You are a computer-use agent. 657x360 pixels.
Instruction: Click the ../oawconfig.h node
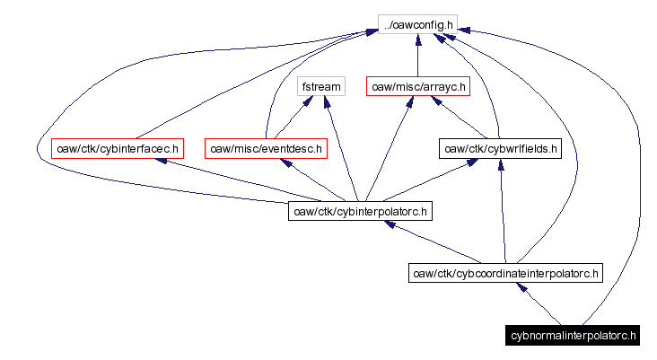(x=418, y=25)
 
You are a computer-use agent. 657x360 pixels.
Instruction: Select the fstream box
(x=320, y=87)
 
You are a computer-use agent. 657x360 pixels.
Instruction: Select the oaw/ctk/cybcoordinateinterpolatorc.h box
(x=505, y=273)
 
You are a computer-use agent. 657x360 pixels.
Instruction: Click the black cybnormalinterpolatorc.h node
(x=572, y=336)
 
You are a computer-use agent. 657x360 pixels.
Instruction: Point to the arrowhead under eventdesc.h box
(x=286, y=162)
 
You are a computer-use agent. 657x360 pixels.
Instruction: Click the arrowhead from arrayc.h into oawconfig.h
(x=418, y=40)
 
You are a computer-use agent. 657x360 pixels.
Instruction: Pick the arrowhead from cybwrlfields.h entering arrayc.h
(x=437, y=101)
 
